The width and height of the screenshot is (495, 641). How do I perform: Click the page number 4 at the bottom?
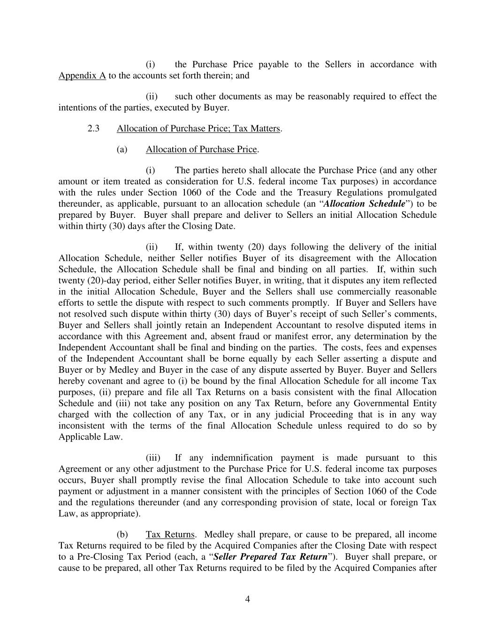247,599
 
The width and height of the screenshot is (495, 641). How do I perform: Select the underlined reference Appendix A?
82,76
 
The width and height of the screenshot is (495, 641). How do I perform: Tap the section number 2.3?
93,129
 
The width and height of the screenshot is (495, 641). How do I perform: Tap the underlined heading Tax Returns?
170,534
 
